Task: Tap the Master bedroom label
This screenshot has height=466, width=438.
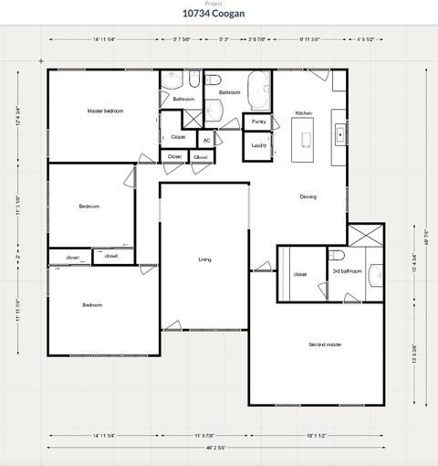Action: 105,111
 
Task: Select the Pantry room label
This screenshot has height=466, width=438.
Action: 258,121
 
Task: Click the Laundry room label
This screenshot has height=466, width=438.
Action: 258,144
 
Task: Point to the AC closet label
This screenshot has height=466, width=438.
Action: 206,140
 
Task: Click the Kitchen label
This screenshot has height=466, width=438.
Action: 304,113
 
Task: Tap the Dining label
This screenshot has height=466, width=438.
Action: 308,196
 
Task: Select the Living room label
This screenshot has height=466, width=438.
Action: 204,259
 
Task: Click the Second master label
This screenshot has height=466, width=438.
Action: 324,344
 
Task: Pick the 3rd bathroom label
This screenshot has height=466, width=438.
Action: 347,271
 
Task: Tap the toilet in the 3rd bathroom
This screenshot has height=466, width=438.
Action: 336,255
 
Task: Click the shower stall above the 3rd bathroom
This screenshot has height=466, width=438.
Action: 365,235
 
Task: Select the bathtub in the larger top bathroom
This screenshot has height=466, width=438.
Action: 258,90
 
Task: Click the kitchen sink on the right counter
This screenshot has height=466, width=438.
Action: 339,133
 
